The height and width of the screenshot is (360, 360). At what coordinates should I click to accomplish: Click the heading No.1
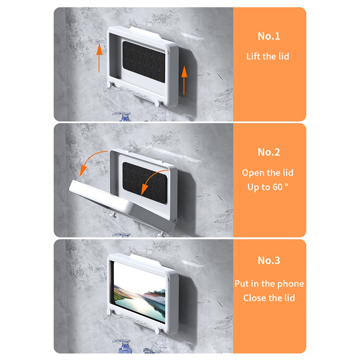tap(269, 36)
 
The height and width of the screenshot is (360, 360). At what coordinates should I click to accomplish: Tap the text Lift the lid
tap(268, 57)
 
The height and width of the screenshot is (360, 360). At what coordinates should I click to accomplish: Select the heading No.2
tap(269, 152)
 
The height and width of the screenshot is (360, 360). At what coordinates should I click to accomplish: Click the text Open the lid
tap(268, 173)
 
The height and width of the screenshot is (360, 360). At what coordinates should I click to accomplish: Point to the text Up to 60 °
tap(268, 187)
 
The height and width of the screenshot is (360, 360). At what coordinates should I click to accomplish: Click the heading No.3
tap(269, 261)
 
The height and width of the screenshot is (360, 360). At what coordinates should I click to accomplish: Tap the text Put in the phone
tap(269, 284)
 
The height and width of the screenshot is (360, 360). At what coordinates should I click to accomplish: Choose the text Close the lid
tap(269, 298)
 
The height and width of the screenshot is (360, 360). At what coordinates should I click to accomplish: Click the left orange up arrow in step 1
tap(99, 58)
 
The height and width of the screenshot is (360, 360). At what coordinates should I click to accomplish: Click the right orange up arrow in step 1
tap(184, 80)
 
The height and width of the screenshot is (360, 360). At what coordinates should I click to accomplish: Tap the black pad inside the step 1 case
tap(144, 62)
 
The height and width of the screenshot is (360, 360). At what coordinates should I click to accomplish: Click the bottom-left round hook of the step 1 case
tap(109, 84)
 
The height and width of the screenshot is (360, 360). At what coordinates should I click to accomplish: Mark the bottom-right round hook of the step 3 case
tap(158, 331)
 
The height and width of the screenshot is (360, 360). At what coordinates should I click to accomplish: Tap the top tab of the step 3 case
tap(145, 259)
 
